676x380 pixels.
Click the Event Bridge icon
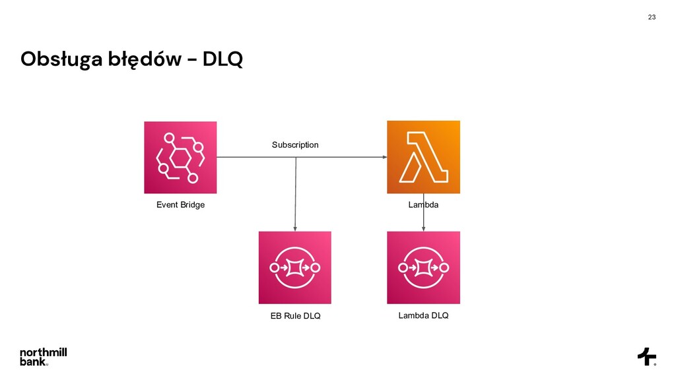click(180, 157)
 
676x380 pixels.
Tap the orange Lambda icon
click(423, 157)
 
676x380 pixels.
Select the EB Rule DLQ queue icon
click(294, 267)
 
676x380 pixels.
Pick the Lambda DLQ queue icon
click(423, 267)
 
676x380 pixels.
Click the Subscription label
click(295, 144)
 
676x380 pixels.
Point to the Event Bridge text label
click(180, 205)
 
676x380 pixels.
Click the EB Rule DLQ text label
click(295, 316)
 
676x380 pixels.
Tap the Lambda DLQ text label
click(423, 315)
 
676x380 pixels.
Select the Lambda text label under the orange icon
click(423, 205)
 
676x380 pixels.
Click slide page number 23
click(652, 16)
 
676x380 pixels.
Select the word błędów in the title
click(145, 60)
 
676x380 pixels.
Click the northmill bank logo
click(43, 356)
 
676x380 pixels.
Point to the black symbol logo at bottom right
click(646, 356)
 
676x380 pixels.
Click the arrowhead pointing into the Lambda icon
click(384, 157)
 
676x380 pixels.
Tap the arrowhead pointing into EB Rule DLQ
click(294, 228)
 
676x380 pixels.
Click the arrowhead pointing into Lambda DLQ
click(423, 228)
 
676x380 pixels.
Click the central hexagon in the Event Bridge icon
click(180, 158)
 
